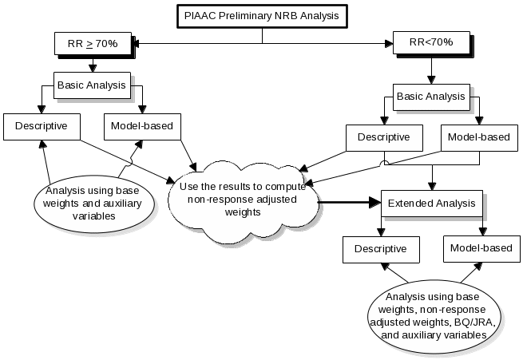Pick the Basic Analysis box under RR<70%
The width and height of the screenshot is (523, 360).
[430, 96]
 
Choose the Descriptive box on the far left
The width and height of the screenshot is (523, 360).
[41, 125]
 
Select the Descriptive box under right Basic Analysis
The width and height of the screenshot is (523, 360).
[382, 137]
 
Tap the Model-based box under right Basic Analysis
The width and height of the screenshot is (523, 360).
[477, 137]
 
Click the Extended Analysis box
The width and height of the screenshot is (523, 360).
[431, 203]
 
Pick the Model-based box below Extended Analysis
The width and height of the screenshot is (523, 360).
[480, 248]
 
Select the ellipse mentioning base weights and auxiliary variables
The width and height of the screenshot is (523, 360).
[89, 203]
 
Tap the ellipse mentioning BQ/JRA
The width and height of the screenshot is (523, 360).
[434, 315]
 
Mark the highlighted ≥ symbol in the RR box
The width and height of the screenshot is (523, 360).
[89, 43]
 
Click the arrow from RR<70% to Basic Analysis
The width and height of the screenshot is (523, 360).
[430, 69]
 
